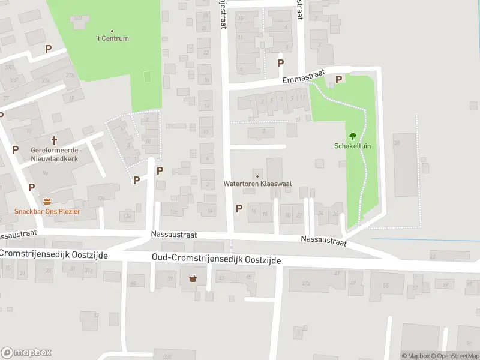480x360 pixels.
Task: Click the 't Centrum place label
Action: [x=113, y=39]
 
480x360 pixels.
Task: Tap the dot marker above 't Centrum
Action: [x=113, y=31]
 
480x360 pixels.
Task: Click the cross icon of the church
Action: [x=54, y=141]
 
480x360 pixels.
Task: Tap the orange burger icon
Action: [x=47, y=202]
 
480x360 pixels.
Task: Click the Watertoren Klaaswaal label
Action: [x=257, y=184]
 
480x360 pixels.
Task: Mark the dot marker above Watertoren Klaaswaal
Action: [x=257, y=176]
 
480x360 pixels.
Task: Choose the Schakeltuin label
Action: [x=352, y=146]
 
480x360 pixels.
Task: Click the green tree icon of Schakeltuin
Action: [x=352, y=136]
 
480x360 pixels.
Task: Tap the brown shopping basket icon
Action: [x=193, y=278]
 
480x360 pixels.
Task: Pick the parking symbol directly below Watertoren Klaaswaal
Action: [x=239, y=208]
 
